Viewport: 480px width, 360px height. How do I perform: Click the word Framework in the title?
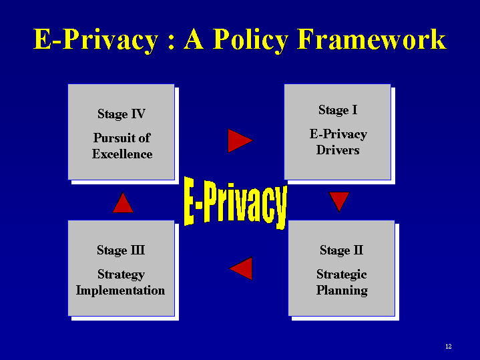pos(372,39)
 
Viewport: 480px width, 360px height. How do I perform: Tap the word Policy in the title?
pos(251,41)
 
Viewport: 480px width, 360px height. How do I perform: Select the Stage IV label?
pos(122,114)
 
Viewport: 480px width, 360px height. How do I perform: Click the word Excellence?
pos(122,154)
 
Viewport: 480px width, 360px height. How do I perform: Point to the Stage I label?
pos(338,110)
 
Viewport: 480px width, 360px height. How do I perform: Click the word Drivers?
pos(338,150)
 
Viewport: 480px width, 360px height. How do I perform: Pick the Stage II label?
pos(342,250)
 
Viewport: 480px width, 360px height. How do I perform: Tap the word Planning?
pos(342,291)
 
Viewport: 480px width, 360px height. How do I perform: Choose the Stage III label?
pos(121,250)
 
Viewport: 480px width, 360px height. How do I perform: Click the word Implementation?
pos(120,291)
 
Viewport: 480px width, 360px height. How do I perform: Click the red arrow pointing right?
pos(240,141)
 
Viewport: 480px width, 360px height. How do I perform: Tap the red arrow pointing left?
pos(241,268)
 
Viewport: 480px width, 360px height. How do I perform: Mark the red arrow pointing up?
pos(123,203)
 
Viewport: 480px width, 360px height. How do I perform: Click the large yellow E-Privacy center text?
pos(236,203)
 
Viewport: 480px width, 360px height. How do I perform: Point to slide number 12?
pos(449,347)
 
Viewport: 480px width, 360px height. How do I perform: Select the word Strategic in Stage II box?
pos(342,275)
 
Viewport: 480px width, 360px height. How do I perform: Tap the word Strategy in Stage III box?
pos(121,275)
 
